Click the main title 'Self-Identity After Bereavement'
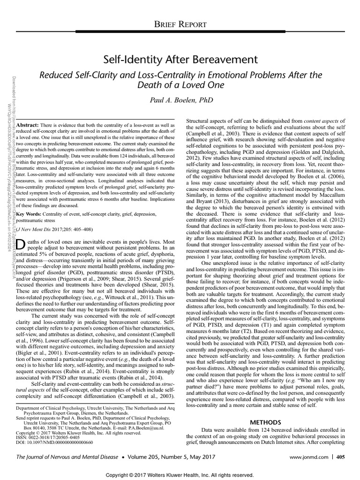180,60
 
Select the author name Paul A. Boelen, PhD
180,100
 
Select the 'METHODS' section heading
265,422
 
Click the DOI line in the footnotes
54,442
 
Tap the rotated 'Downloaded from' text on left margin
10,94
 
